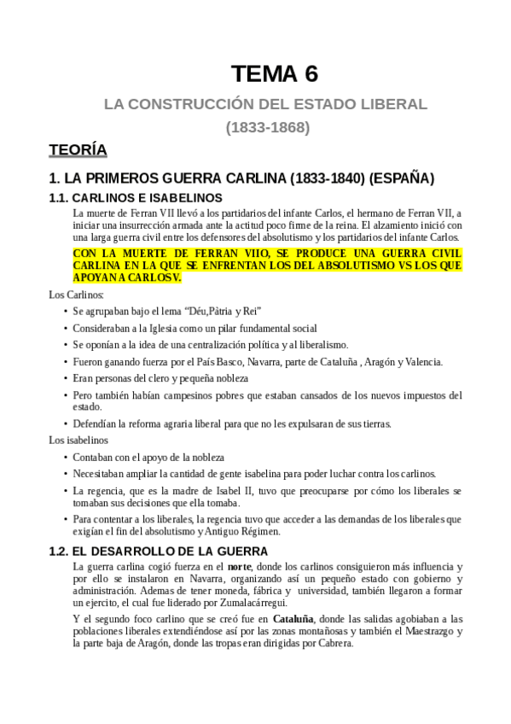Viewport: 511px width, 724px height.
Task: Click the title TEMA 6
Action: point(274,74)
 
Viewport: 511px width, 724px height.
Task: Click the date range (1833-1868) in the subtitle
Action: point(267,128)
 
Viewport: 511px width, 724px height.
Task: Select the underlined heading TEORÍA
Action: point(78,150)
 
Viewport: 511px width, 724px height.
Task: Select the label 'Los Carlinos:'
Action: point(77,295)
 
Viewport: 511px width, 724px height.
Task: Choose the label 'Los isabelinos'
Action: point(78,441)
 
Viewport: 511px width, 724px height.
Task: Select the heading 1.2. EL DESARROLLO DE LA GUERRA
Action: point(159,551)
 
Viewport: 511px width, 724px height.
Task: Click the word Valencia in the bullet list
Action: point(421,362)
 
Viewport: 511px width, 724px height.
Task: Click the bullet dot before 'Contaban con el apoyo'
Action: point(67,458)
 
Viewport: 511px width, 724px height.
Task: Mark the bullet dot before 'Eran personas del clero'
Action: point(67,378)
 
